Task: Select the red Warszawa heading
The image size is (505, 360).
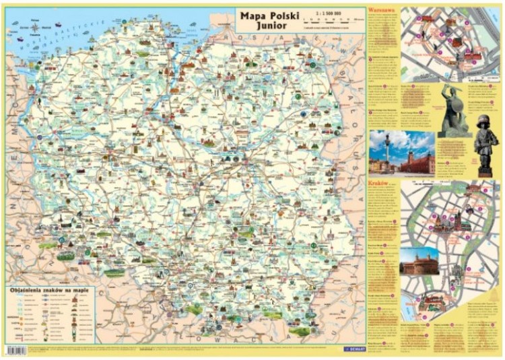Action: pyautogui.click(x=382, y=12)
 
